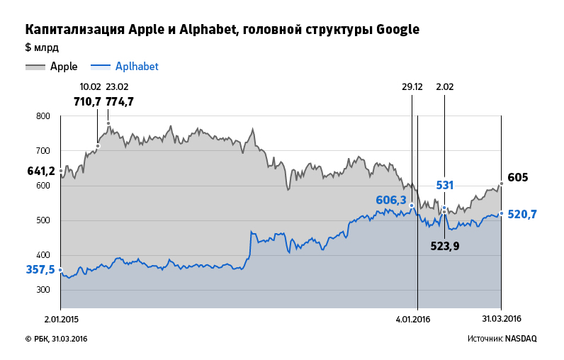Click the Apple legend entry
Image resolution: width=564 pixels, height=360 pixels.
(x=63, y=67)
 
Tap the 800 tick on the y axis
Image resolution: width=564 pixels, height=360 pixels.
(x=43, y=116)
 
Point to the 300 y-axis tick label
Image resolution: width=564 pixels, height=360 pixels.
(x=43, y=290)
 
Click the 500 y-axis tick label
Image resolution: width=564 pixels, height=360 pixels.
(x=43, y=220)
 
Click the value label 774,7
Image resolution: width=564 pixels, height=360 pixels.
(x=120, y=101)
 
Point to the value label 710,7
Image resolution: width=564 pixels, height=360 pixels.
(x=88, y=101)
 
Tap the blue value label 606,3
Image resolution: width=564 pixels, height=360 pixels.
(x=391, y=201)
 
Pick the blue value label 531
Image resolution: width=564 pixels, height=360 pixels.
(x=444, y=186)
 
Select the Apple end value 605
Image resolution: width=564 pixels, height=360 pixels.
(x=518, y=177)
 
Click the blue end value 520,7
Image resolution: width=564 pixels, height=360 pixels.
(x=522, y=214)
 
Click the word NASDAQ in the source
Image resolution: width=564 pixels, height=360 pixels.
(x=521, y=339)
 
